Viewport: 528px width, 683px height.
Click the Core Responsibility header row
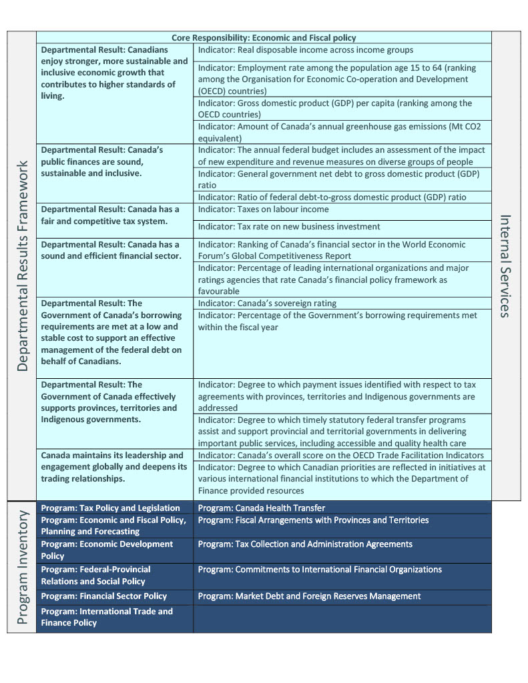(264, 38)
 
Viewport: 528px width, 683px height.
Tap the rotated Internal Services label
(505, 265)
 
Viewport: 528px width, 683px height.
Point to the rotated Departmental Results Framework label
(22, 265)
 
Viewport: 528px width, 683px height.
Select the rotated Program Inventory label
(22, 568)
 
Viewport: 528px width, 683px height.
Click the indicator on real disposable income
(305, 50)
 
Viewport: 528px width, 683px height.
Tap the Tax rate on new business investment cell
(289, 227)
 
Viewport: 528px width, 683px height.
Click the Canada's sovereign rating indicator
(267, 303)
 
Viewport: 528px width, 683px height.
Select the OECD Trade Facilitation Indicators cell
(340, 456)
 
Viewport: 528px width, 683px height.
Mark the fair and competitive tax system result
(110, 215)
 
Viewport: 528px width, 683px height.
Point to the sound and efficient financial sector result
(110, 250)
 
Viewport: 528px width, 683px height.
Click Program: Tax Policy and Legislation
(111, 508)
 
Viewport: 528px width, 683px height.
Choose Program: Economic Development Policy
(107, 550)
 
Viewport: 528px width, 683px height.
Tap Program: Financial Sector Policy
(104, 596)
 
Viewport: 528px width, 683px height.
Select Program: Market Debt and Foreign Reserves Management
(309, 596)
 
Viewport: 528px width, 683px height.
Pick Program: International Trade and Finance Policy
(107, 617)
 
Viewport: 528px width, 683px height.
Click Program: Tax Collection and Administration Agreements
(305, 544)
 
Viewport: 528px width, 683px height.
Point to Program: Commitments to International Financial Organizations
(320, 570)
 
